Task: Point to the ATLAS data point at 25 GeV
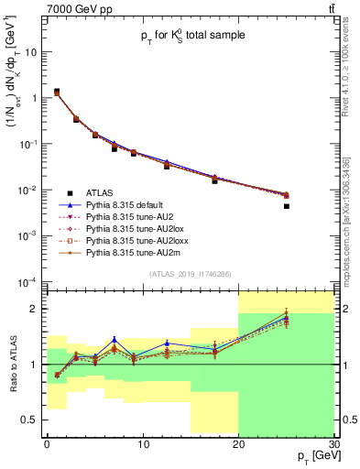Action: (286, 206)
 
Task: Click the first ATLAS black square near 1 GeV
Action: (57, 92)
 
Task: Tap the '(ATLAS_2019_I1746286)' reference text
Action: (190, 274)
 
